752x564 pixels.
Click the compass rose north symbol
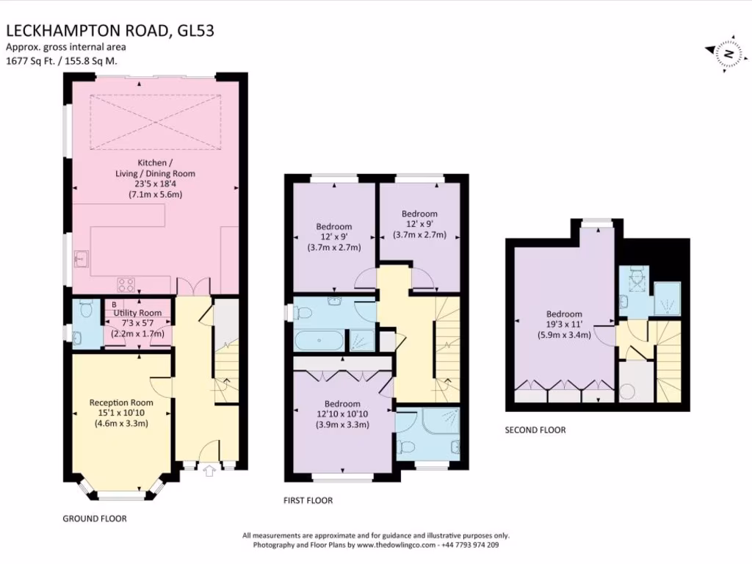tap(728, 53)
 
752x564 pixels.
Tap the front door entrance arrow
tap(209, 471)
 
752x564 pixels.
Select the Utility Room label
tap(137, 313)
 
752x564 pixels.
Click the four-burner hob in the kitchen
tap(126, 285)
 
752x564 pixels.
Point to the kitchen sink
tap(82, 259)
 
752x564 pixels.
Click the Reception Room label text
tap(121, 403)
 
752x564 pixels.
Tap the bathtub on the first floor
tap(319, 341)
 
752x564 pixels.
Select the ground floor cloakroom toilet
tap(87, 309)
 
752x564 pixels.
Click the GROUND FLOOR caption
tap(95, 518)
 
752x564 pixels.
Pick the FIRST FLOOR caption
tap(308, 500)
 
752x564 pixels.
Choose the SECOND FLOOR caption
tap(535, 430)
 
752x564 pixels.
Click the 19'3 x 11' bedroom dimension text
tap(565, 325)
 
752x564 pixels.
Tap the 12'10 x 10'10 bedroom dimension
tap(342, 414)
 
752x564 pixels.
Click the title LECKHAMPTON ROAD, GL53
tap(110, 31)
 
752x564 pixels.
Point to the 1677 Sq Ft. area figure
tap(30, 61)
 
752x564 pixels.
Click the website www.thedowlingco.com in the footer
tap(396, 545)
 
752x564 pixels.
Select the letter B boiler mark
tap(114, 305)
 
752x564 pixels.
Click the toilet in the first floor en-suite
tap(405, 447)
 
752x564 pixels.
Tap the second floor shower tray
tap(667, 299)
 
